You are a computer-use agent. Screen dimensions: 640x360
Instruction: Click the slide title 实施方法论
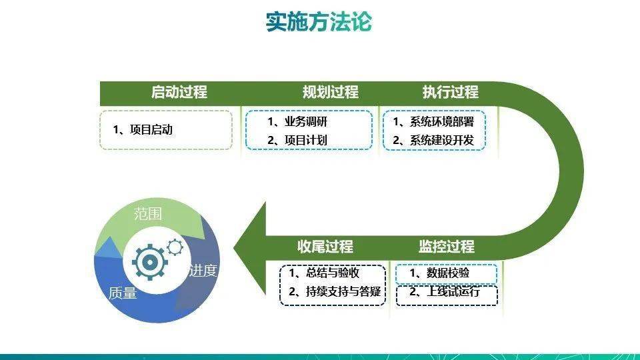click(319, 21)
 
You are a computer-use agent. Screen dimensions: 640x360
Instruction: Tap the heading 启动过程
click(179, 92)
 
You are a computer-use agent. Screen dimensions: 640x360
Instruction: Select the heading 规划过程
click(330, 92)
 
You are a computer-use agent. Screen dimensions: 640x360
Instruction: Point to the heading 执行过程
click(450, 92)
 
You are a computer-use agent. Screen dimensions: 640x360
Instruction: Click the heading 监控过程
click(447, 247)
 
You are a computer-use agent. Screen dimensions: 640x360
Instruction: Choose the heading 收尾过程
click(325, 247)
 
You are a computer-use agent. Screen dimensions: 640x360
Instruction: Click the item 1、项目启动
click(143, 130)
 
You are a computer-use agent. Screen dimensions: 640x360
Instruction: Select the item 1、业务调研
click(297, 121)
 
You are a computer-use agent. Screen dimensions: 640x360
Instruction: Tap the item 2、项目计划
click(297, 140)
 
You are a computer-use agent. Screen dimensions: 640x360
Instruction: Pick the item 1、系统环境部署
click(433, 121)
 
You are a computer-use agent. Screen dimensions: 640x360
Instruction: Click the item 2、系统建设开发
click(433, 140)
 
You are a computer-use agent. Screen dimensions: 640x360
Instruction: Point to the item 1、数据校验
click(439, 273)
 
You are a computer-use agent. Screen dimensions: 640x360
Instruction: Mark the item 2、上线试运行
click(445, 291)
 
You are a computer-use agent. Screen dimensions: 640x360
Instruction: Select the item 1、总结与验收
click(324, 273)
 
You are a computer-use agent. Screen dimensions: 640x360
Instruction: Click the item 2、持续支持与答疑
click(335, 291)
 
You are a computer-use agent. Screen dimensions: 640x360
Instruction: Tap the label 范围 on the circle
click(148, 214)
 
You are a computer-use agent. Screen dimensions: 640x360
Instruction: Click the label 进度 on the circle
click(203, 271)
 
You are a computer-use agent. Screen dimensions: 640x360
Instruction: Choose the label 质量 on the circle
click(123, 293)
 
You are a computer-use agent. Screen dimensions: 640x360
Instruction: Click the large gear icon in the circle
click(150, 262)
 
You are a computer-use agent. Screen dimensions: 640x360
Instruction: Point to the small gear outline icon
click(175, 247)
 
